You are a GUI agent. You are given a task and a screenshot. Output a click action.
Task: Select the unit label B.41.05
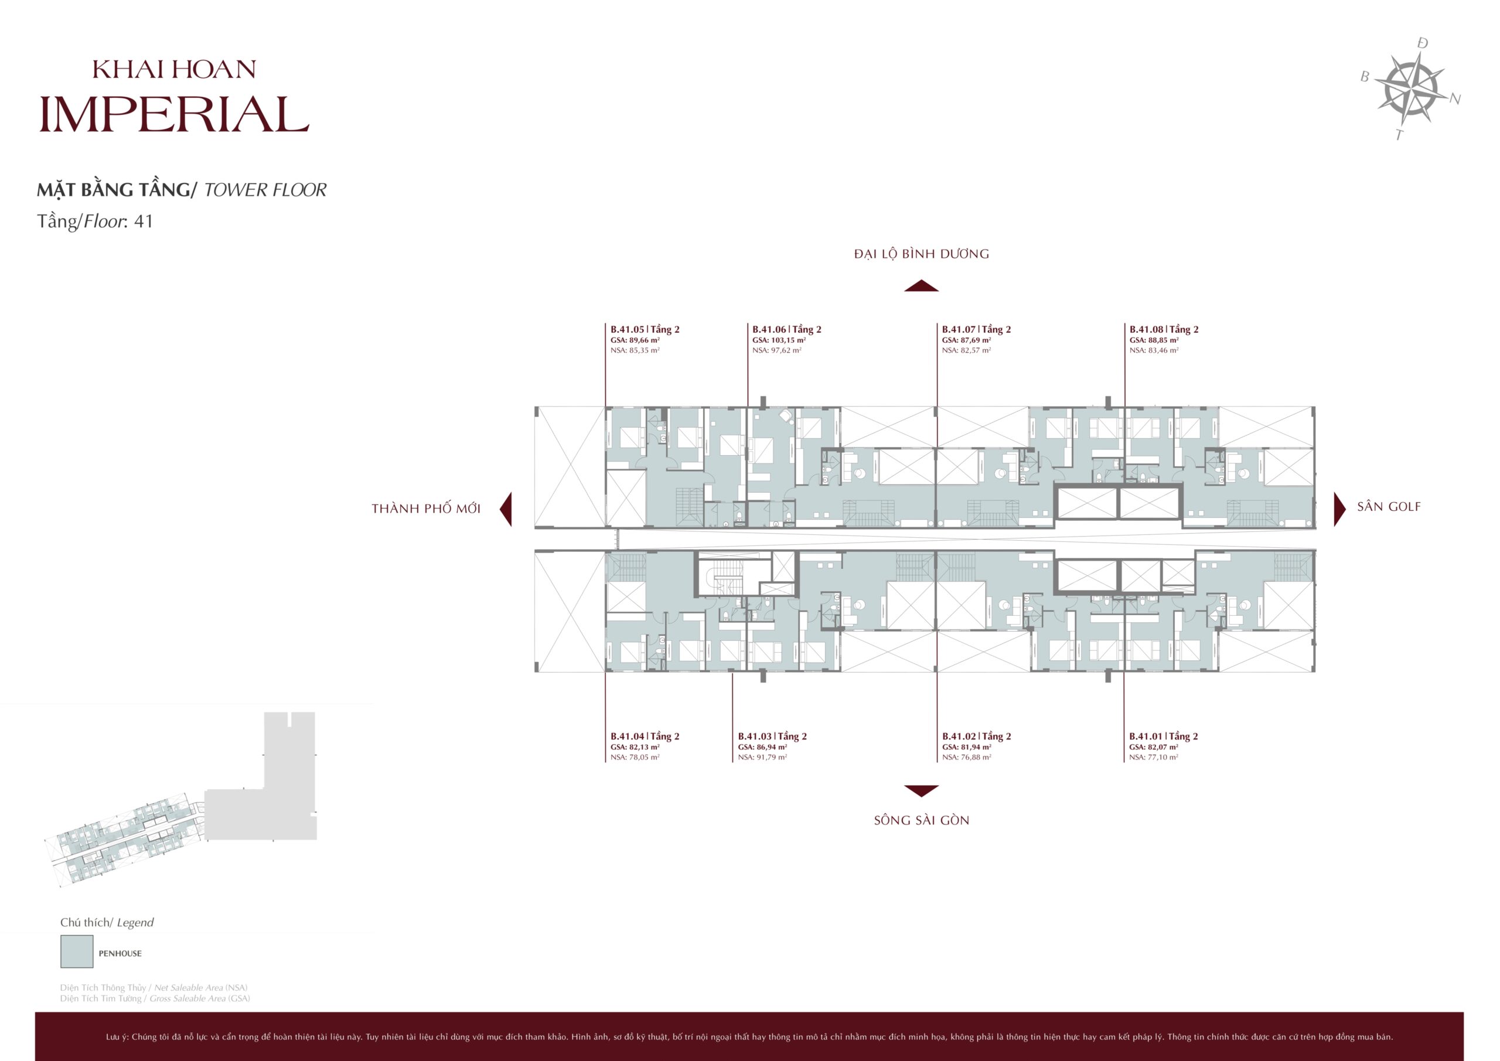point(627,329)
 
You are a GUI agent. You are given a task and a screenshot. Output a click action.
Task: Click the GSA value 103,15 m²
point(779,340)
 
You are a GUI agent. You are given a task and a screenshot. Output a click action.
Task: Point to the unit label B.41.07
point(959,329)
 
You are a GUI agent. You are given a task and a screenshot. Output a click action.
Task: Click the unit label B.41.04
point(627,736)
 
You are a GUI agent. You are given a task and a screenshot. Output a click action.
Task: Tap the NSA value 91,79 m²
point(762,757)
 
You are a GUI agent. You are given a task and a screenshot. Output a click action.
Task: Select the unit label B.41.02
point(959,736)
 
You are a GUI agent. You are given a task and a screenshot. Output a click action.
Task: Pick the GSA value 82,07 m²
point(1154,747)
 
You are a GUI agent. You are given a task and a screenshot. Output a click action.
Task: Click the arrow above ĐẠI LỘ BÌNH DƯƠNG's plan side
point(921,285)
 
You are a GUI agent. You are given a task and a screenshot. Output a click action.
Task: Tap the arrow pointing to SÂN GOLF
point(1340,509)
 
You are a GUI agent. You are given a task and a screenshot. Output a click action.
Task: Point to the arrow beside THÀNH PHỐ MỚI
point(506,509)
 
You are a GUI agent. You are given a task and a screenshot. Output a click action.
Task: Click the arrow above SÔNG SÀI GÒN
point(921,790)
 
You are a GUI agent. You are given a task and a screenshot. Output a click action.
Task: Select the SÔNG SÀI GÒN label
point(921,821)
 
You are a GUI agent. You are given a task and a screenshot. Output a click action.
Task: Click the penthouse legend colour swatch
point(76,951)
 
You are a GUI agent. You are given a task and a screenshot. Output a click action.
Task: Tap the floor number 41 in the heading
point(143,221)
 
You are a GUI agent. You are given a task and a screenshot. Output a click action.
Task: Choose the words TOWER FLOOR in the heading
point(265,190)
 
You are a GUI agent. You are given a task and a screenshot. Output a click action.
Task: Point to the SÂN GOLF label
point(1388,507)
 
